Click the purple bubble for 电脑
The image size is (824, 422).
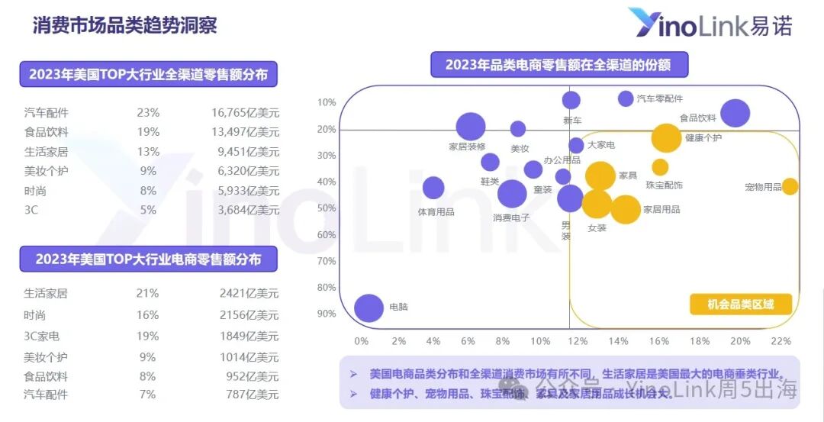(x=369, y=308)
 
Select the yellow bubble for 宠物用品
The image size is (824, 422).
(x=790, y=186)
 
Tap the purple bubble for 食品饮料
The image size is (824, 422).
(x=735, y=113)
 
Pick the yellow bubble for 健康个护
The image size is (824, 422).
(x=666, y=138)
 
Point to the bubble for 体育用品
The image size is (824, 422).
(x=433, y=188)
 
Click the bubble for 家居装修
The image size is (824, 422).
(x=471, y=127)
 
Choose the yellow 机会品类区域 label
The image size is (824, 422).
(x=740, y=304)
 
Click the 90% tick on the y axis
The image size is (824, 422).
(x=327, y=314)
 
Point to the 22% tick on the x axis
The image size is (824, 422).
(x=781, y=341)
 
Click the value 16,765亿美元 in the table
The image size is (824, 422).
(x=245, y=113)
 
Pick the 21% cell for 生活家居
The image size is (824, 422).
(x=148, y=293)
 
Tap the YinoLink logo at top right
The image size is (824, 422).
(x=710, y=24)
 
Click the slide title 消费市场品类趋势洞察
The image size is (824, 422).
(x=124, y=24)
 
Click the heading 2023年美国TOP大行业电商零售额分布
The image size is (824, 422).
(x=148, y=259)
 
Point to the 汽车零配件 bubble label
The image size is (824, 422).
(x=660, y=98)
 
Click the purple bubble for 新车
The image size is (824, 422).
(x=571, y=100)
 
